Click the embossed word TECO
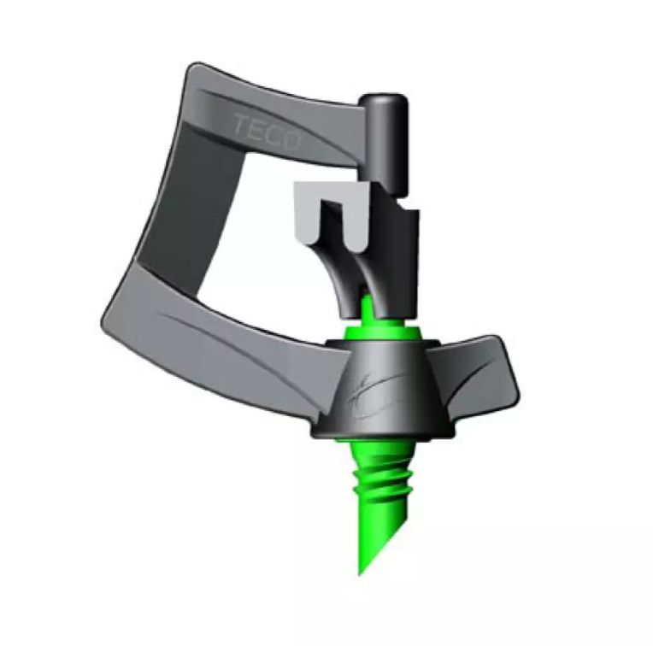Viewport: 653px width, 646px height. coord(267,132)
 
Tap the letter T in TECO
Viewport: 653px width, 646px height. coord(241,125)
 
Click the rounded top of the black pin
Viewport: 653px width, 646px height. coord(382,100)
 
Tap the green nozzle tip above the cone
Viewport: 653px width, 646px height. coord(367,308)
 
